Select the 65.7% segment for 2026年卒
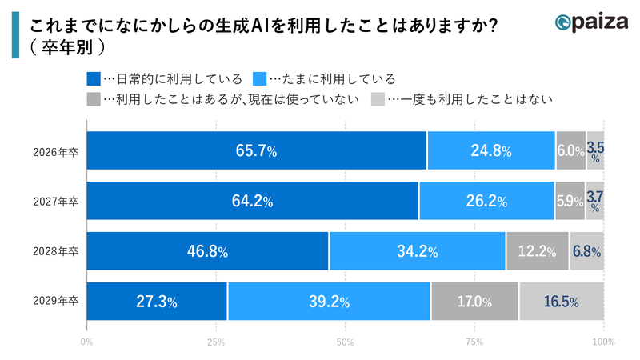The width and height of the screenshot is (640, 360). tap(256, 150)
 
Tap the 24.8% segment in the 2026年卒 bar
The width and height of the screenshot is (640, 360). tap(491, 150)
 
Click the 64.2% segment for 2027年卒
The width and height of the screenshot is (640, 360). tap(252, 201)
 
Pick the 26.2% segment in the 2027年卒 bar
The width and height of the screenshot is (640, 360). tap(486, 201)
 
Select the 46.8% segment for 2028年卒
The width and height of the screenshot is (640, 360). tap(207, 251)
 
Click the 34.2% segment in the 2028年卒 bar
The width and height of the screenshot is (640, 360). tap(417, 251)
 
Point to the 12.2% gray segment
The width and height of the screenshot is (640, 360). tap(537, 251)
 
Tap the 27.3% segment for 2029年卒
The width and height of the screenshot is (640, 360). tap(157, 302)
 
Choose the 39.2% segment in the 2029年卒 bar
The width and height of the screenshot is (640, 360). tap(329, 302)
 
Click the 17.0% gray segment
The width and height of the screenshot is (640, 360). tap(474, 302)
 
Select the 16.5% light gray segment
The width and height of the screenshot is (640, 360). tap(561, 302)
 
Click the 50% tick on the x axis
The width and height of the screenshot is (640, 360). tap(345, 342)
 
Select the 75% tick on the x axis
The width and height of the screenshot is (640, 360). tap(474, 342)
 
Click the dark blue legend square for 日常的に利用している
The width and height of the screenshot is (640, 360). tap(93, 78)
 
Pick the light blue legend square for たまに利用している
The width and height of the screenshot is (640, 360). tap(259, 78)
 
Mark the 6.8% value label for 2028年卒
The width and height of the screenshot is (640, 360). tap(586, 251)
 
